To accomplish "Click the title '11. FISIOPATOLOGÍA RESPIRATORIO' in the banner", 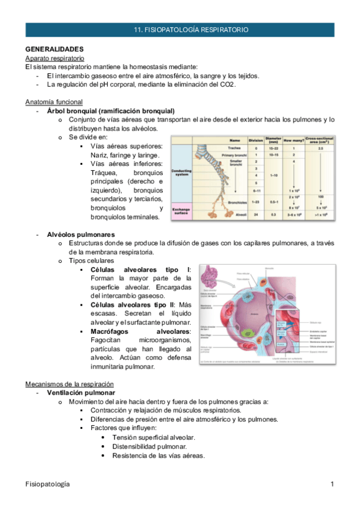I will pos(190,29).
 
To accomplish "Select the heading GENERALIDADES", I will pos(54,49).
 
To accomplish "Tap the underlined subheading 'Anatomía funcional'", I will pos(53,102).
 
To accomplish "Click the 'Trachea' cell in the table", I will pos(234,147).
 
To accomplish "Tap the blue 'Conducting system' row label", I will pos(182,172).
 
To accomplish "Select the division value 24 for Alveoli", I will pos(255,214).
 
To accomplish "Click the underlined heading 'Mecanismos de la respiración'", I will pos(69,384).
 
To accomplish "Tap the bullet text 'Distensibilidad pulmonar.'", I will pos(149,447).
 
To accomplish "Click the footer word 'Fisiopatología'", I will pos(47,484).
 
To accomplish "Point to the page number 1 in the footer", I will pos(332,484).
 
